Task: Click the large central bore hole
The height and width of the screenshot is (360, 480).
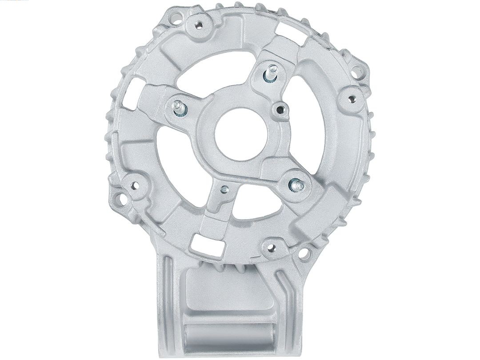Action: [x=240, y=133]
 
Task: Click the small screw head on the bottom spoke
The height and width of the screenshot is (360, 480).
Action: [x=224, y=189]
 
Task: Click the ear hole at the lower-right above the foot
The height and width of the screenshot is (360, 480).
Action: [x=304, y=254]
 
